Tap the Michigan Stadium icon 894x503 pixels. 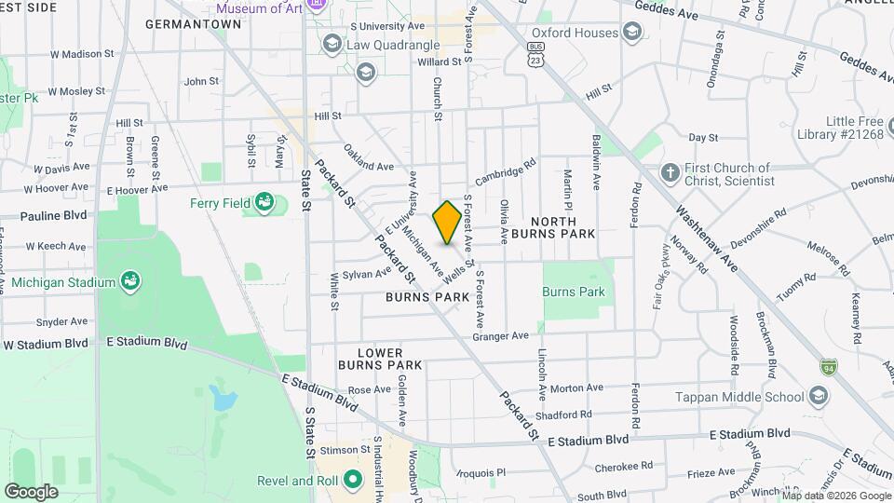(130, 281)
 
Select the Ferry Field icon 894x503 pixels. (265, 202)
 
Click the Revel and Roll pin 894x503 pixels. (352, 481)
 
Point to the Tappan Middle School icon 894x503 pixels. (818, 397)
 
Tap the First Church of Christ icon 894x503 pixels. (669, 173)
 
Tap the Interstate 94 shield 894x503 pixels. (829, 369)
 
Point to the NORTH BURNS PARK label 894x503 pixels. (549, 228)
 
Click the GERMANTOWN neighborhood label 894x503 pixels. (194, 24)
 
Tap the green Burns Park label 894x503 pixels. (573, 292)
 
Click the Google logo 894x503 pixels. (31, 491)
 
